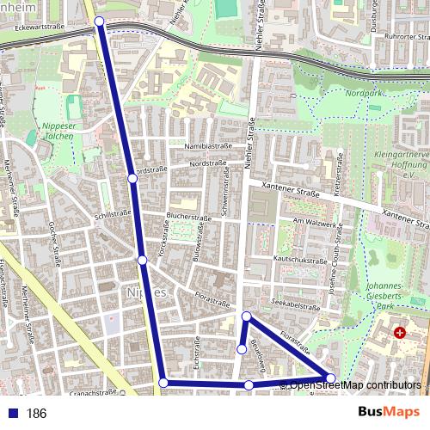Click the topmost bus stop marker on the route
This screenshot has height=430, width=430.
(100, 21)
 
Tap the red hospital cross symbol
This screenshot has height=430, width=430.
(399, 332)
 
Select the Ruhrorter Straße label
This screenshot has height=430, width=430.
(386, 37)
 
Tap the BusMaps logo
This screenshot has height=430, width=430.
(389, 413)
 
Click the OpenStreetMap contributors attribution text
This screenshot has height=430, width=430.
(355, 384)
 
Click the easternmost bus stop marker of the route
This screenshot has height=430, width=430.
(331, 378)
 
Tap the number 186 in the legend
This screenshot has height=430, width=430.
(36, 414)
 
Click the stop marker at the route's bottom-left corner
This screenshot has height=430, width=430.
(163, 383)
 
